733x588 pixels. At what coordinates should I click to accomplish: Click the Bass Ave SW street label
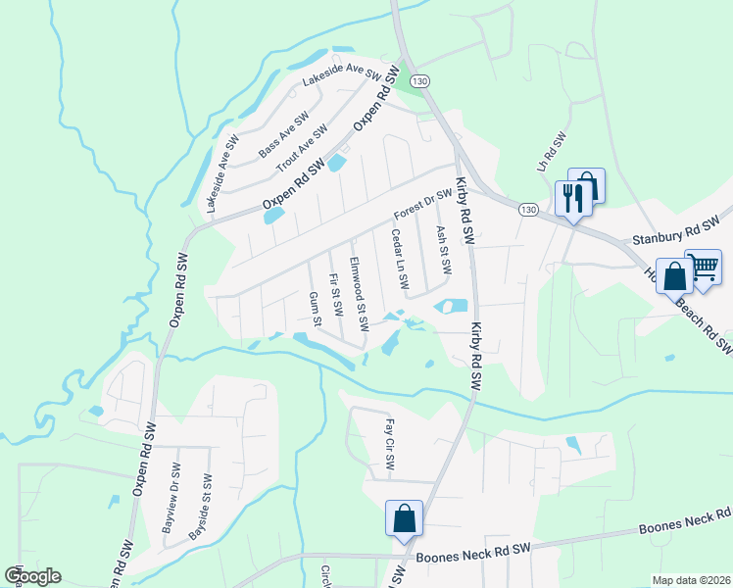[x=283, y=136]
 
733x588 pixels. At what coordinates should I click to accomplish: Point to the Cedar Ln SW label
[x=399, y=259]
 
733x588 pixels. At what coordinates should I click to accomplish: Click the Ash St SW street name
[x=443, y=250]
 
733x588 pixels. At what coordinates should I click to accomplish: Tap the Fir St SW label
[x=336, y=294]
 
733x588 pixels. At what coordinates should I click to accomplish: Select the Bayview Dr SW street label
[x=174, y=497]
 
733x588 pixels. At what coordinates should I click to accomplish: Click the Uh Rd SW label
[x=551, y=153]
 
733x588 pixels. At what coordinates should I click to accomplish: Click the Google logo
[x=32, y=576]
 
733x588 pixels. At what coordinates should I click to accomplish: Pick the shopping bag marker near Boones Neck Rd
[x=404, y=518]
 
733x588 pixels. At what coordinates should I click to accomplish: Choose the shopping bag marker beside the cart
[x=675, y=275]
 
